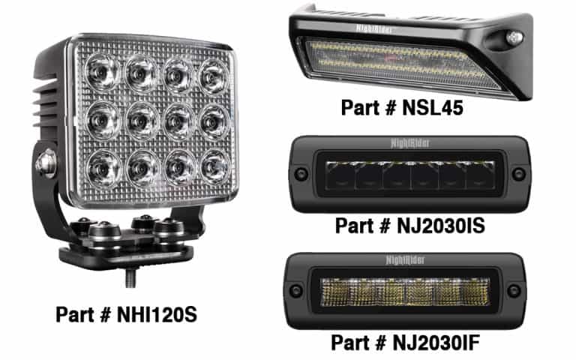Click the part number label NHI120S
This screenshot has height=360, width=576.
point(125,314)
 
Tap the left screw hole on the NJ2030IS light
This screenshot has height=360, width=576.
point(301,174)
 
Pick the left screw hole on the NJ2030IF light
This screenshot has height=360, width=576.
point(301,289)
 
